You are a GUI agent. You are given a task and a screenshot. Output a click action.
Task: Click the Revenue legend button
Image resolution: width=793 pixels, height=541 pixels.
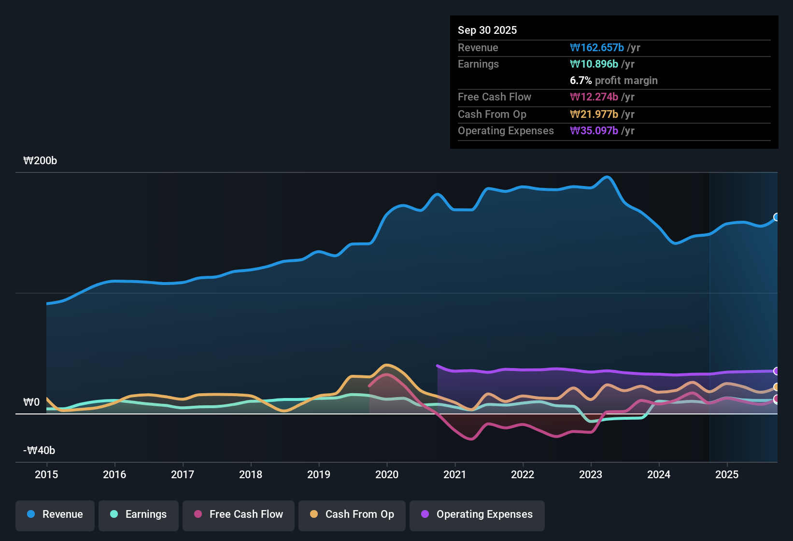click(x=55, y=514)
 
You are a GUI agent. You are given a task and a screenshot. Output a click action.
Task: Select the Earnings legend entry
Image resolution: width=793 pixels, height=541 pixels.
click(x=139, y=514)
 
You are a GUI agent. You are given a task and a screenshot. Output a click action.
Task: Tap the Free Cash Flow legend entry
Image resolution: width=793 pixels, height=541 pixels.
click(x=239, y=514)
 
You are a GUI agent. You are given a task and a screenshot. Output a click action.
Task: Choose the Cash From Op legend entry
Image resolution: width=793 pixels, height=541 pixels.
click(x=352, y=514)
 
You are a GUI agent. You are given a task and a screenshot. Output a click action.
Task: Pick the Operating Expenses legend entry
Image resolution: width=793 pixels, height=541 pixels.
click(x=477, y=514)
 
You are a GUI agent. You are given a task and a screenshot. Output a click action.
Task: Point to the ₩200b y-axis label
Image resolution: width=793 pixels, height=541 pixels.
click(x=40, y=161)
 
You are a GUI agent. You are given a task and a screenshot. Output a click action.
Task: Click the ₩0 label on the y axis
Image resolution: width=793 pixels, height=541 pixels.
click(x=31, y=402)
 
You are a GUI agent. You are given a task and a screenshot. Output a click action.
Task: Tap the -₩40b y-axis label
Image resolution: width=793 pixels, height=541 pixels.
click(x=39, y=451)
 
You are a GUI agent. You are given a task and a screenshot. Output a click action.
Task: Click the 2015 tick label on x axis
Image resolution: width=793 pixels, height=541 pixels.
click(x=46, y=475)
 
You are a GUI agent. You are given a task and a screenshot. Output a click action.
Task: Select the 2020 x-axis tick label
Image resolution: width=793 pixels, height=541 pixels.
click(x=387, y=475)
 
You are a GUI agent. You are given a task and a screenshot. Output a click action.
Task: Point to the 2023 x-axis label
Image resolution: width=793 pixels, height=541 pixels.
click(x=591, y=475)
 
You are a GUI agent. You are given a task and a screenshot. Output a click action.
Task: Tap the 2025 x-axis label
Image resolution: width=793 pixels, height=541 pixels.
click(x=727, y=475)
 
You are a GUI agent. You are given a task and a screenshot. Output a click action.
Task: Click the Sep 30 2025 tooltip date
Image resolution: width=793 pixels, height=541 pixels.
click(x=487, y=30)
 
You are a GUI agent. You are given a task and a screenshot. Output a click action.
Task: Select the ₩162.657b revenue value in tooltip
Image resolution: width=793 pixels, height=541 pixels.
click(x=597, y=48)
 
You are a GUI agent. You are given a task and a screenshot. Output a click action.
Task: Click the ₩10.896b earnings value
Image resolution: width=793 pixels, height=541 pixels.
click(x=594, y=64)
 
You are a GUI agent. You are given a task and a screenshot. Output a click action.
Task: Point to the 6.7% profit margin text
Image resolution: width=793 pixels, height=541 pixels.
click(x=614, y=81)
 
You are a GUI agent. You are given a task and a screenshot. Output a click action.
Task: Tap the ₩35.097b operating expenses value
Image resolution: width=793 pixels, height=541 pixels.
click(x=594, y=131)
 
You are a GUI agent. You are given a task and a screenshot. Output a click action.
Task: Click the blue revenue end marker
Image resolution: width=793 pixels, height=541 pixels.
click(x=777, y=217)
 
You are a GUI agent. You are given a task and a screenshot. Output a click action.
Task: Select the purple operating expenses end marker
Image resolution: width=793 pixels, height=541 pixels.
click(x=777, y=371)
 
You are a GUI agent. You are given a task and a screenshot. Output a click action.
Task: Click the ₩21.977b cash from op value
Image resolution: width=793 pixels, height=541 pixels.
click(x=594, y=114)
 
